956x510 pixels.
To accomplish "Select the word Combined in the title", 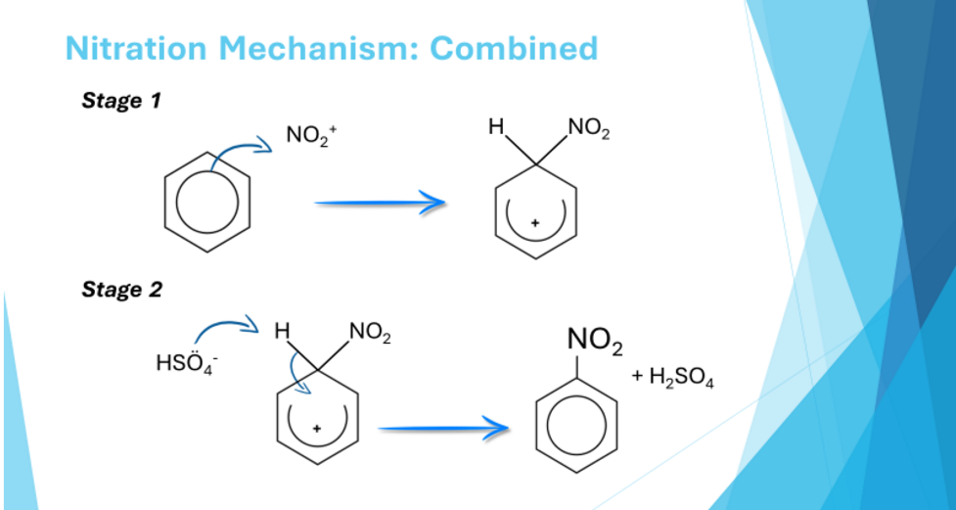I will (x=513, y=48).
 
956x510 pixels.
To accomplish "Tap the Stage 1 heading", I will (x=121, y=102).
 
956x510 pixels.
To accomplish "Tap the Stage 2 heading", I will (x=121, y=290).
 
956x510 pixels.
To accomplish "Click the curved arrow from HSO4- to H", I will (x=225, y=323).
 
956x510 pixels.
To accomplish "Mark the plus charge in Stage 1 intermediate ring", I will (x=534, y=223).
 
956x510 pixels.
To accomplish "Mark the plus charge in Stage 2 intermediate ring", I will (x=316, y=428).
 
